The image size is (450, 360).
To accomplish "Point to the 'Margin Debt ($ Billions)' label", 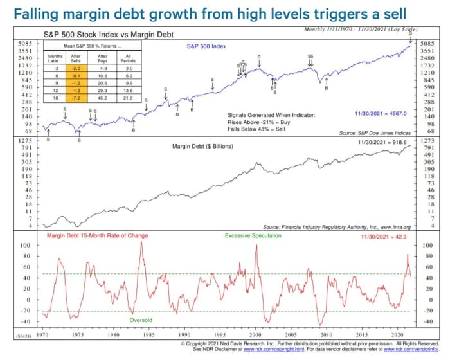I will (203, 146).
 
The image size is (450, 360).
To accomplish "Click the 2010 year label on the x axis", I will (328, 335).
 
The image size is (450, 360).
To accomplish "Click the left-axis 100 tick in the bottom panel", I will (27, 246).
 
